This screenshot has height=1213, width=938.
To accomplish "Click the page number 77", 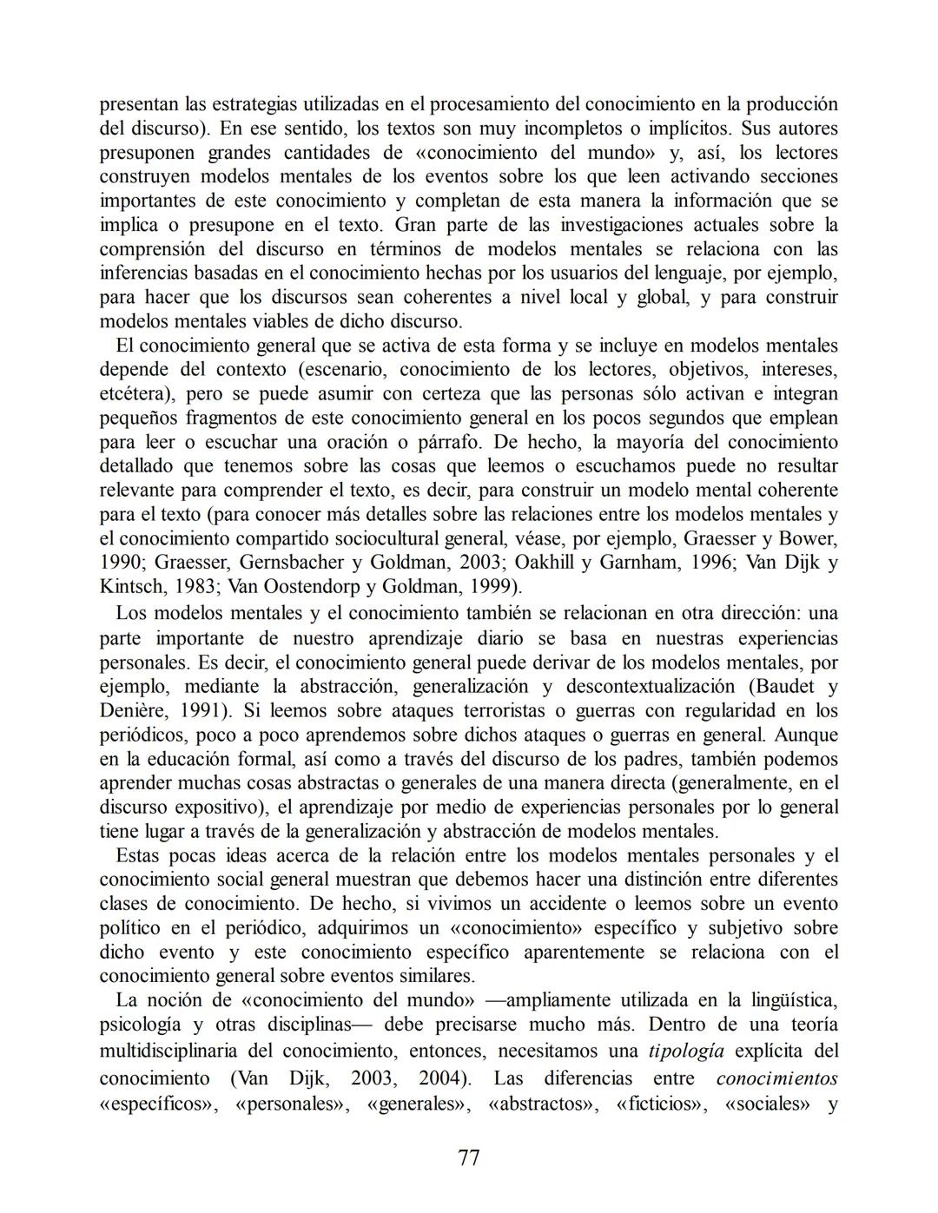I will (x=468, y=1157).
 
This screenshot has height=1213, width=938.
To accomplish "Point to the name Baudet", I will (x=787, y=686).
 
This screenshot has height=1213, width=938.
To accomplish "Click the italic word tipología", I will (x=686, y=1051).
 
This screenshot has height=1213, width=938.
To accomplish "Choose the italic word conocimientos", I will (x=776, y=1078).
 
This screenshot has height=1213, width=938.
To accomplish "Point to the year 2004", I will (x=442, y=1078).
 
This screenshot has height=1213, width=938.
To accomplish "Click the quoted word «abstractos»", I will (x=539, y=1104).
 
